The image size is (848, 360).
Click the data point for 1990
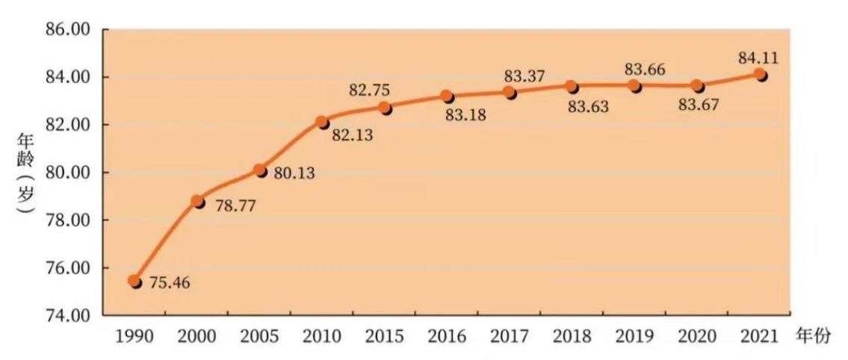pos(134,281)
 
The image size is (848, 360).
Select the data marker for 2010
pos(322,122)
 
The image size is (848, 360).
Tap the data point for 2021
pos(760,75)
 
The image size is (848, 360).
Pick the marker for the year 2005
pos(260,170)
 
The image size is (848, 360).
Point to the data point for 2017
pos(510,93)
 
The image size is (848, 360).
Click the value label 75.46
pos(170,285)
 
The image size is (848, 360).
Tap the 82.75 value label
pos(369,90)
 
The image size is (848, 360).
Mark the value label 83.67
pos(698,105)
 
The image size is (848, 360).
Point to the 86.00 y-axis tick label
pos(68,30)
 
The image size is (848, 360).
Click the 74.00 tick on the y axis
pos(68,315)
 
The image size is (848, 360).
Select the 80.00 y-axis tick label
pos(68,173)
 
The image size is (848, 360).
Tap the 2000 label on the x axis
pos(197,338)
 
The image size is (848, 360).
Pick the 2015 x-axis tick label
pos(385,338)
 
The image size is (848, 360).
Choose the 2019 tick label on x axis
pos(635,338)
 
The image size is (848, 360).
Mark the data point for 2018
pos(572,87)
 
